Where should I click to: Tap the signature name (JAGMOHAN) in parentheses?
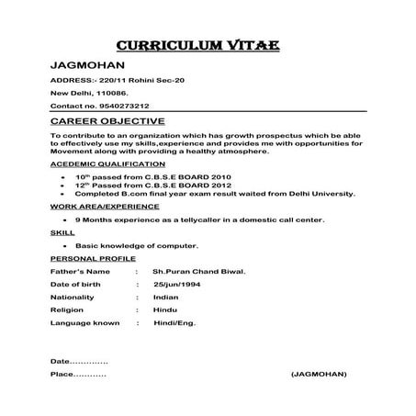pos(318,375)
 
